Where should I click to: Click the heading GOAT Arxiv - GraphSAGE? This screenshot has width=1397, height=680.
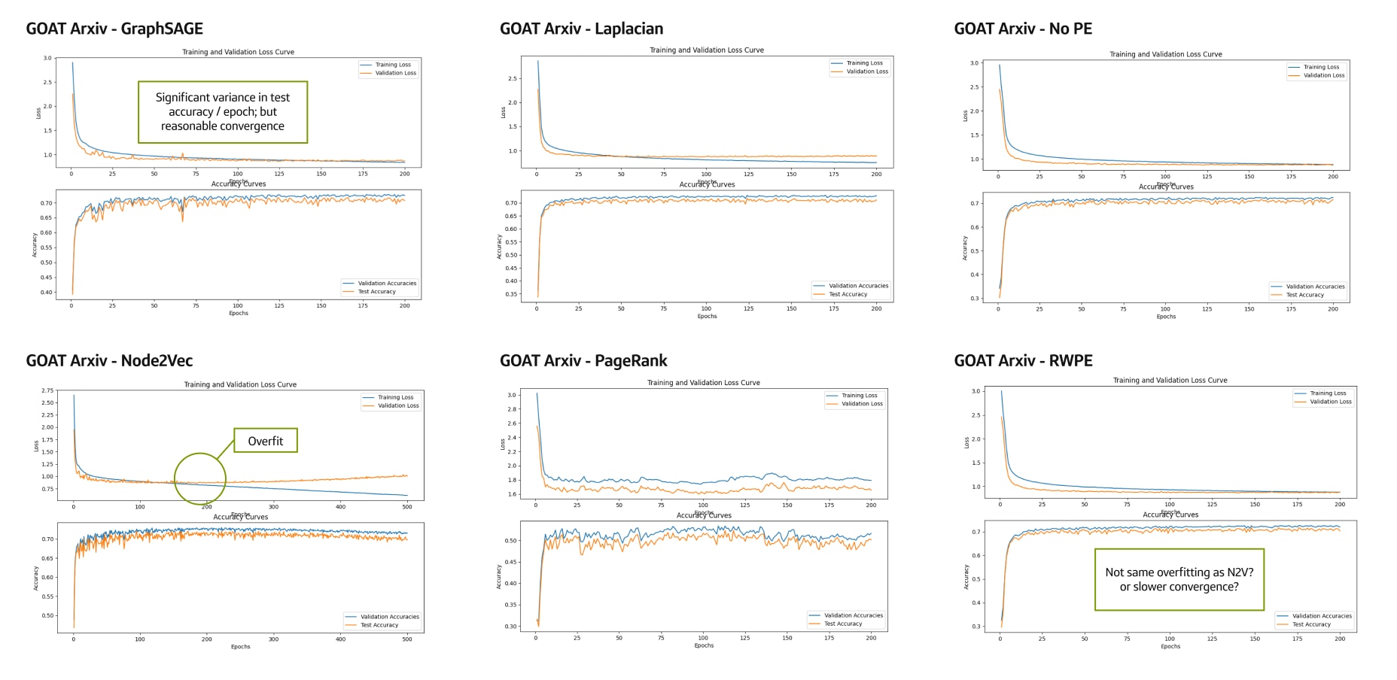[114, 29]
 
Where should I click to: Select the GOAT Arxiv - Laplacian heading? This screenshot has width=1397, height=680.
[581, 29]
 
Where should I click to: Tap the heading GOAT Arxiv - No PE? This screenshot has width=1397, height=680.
[1023, 29]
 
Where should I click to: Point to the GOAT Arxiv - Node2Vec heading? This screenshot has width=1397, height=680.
[109, 360]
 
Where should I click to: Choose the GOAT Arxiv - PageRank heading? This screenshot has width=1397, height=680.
[583, 360]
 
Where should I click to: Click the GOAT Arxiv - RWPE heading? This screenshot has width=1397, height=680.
[1023, 360]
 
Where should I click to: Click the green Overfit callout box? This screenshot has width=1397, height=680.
[266, 441]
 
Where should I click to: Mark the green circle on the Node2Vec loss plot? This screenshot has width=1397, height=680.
[200, 478]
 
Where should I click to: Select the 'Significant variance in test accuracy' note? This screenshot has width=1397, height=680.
[223, 112]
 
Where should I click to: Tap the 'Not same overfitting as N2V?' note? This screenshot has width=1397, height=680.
[1179, 579]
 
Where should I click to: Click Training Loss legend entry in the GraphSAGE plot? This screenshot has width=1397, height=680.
[393, 65]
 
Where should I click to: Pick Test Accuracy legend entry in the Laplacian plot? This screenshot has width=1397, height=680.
[848, 294]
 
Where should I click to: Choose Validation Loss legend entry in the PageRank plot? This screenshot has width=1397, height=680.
[862, 404]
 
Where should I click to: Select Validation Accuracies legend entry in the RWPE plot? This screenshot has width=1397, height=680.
[1322, 616]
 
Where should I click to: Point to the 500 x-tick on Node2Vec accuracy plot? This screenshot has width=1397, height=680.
[407, 639]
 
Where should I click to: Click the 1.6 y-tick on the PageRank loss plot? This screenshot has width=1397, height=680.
[512, 494]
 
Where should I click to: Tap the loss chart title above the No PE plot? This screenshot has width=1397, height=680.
[1165, 54]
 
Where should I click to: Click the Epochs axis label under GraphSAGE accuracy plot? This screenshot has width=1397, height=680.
[239, 313]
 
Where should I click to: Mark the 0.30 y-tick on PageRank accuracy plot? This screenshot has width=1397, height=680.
[511, 626]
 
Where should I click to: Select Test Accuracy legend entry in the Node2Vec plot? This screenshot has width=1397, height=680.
[379, 625]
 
